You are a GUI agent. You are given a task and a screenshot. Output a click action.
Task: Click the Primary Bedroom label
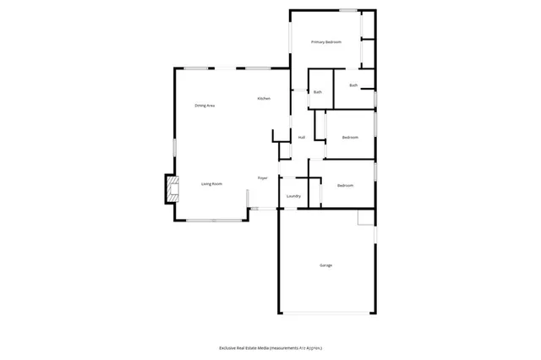pyautogui.click(x=325, y=41)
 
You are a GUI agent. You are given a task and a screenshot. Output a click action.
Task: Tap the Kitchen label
pyautogui.click(x=264, y=99)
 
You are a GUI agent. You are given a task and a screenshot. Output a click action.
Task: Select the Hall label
pyautogui.click(x=301, y=137)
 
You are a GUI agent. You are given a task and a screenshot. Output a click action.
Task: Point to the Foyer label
pyautogui.click(x=263, y=177)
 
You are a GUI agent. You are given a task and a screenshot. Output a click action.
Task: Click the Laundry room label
pyautogui.click(x=293, y=196)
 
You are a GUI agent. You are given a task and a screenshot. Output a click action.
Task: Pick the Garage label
pyautogui.click(x=325, y=265)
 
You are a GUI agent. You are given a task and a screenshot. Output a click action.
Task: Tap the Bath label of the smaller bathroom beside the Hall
pyautogui.click(x=318, y=91)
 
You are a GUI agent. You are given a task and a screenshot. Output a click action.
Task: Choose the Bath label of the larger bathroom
pyautogui.click(x=352, y=85)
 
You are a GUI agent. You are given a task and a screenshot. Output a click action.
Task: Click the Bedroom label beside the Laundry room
pyautogui.click(x=345, y=185)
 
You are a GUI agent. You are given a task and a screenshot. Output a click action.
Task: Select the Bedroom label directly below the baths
pyautogui.click(x=350, y=137)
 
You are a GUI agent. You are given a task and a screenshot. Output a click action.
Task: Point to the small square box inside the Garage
pyautogui.click(x=365, y=218)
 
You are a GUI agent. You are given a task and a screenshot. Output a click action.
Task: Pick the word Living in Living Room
pyautogui.click(x=206, y=183)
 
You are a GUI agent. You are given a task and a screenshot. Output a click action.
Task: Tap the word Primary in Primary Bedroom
pyautogui.click(x=318, y=41)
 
